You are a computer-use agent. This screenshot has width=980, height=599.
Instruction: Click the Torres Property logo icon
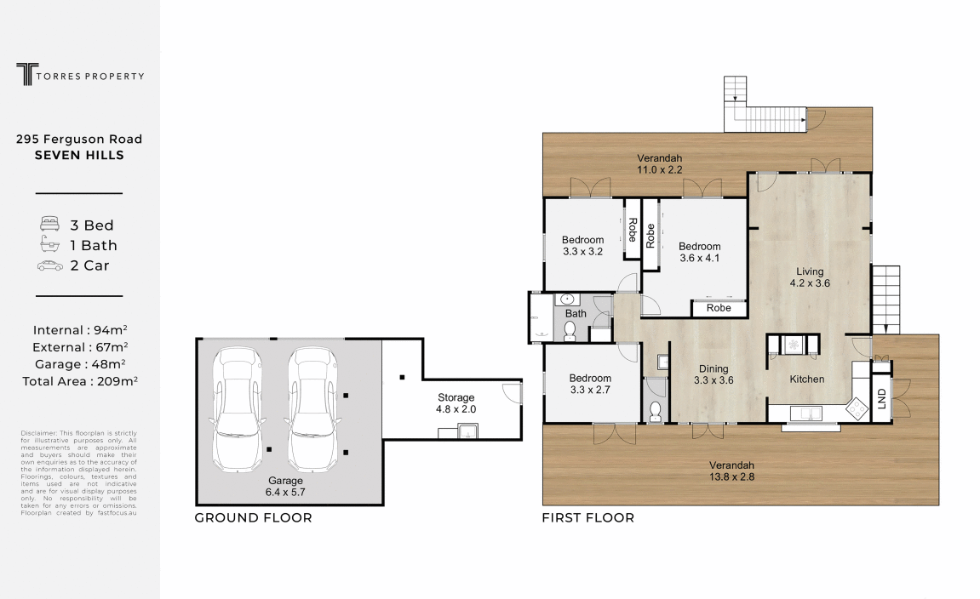tap(27, 74)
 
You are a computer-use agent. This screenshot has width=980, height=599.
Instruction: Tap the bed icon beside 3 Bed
tap(50, 225)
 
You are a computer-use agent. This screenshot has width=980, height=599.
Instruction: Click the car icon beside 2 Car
tap(50, 265)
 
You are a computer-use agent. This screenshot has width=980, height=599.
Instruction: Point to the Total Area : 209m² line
tap(80, 381)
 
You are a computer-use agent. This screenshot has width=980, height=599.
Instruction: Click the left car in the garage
tap(237, 409)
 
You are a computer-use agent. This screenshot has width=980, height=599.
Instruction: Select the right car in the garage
tap(312, 409)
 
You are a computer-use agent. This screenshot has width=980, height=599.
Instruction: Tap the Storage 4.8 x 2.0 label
tap(456, 403)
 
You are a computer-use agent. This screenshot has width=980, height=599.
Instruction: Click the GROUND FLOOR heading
tap(253, 518)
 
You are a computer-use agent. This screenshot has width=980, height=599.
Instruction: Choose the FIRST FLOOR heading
tap(588, 518)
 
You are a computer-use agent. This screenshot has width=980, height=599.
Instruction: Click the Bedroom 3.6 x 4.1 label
tap(699, 253)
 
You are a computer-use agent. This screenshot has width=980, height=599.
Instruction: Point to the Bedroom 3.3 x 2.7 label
tap(590, 384)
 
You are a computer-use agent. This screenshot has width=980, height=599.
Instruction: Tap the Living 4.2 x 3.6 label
tap(810, 277)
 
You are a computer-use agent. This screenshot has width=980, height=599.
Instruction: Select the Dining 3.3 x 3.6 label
tap(714, 374)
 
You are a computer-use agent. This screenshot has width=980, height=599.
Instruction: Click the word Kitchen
tap(807, 379)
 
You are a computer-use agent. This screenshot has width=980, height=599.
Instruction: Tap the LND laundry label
tap(881, 398)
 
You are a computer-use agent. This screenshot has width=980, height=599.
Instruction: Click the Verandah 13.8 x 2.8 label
tap(732, 471)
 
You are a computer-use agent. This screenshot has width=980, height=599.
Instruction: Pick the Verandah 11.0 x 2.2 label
tap(659, 164)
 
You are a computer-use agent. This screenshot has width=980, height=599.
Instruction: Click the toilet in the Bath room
tap(570, 331)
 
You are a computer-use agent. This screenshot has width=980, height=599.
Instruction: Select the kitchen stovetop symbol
tap(857, 409)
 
